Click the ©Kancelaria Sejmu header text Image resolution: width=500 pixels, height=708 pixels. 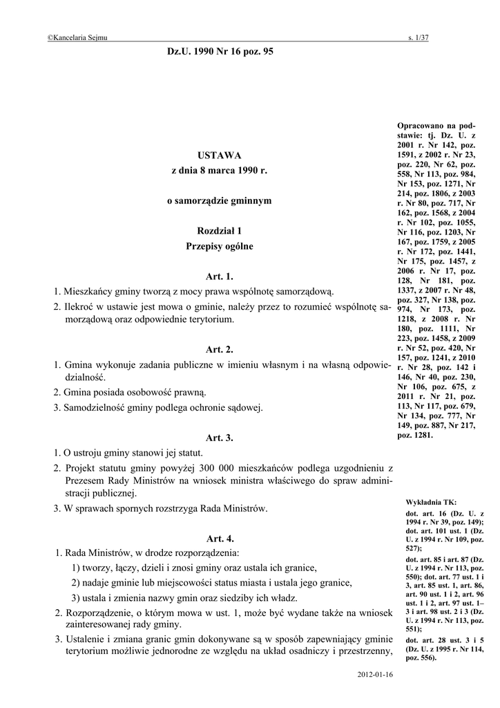tap(77, 38)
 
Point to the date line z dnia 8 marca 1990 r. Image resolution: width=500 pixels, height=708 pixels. tap(220, 170)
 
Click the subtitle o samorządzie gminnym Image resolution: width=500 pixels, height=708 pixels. tap(220, 201)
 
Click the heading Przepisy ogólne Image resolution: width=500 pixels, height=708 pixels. tap(220, 245)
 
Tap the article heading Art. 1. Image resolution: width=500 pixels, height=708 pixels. tap(220, 276)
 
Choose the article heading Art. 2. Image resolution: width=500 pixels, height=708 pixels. tap(220, 349)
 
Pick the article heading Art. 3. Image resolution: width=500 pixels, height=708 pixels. tap(220, 438)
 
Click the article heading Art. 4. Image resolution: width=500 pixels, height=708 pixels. tap(220, 538)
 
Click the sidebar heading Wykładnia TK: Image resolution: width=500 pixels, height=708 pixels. tap(426, 502)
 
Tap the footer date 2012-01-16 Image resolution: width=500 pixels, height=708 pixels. tap(375, 674)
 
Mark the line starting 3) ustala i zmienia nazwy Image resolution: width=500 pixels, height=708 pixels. tap(184, 597)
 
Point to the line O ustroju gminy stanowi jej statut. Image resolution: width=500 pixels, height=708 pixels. tap(128, 453)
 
